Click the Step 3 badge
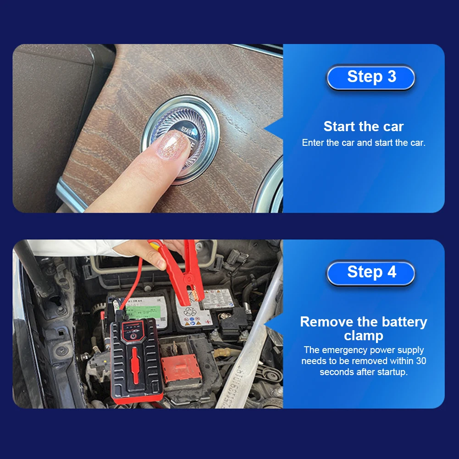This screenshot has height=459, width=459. point(371,77)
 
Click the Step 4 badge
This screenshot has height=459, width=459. point(371,272)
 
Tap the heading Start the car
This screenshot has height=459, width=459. point(363,127)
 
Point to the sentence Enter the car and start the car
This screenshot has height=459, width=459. point(363,143)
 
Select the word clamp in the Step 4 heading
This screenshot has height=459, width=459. point(363,336)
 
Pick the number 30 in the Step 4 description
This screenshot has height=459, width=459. point(420,361)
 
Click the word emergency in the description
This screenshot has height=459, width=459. point(345,350)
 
